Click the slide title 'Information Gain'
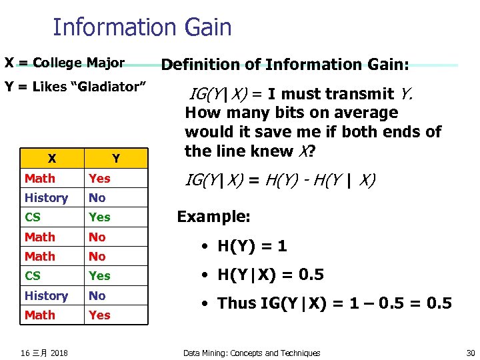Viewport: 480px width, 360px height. point(142,27)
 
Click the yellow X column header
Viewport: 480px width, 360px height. point(51,159)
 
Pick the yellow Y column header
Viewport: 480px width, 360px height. point(115,159)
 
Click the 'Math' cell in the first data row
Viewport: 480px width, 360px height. point(40,179)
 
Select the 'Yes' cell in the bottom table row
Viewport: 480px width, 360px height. point(99,315)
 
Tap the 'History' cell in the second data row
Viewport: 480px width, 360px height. point(46,198)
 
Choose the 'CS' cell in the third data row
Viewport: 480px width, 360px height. point(33,217)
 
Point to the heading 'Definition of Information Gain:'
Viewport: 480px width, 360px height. point(285,65)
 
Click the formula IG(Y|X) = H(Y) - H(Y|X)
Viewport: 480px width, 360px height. point(280,180)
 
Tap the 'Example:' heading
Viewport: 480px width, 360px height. point(213,217)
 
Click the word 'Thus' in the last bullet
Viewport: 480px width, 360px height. point(237,303)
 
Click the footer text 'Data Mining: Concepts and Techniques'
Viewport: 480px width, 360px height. point(252,353)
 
